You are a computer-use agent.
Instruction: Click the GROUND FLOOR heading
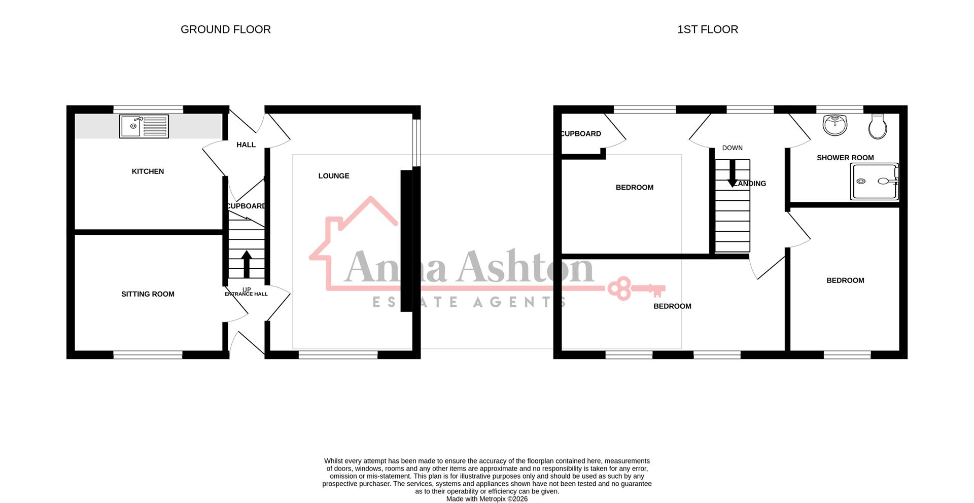coord(225,29)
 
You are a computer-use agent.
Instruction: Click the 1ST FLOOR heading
coord(707,29)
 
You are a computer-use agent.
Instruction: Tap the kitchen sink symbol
coord(144,126)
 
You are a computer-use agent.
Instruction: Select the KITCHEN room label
coord(148,171)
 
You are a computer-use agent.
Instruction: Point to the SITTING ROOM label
coord(148,294)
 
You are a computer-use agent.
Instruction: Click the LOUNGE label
coord(334,176)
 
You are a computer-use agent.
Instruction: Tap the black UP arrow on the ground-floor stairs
coord(247,263)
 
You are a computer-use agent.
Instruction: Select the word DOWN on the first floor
coord(732,148)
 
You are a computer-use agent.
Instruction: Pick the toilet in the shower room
coord(877,126)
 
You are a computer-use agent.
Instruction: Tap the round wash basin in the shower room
coord(835,125)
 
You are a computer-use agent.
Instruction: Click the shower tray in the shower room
coord(875,181)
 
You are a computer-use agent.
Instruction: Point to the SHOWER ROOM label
coord(845,158)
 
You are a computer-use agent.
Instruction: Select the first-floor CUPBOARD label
coord(581,134)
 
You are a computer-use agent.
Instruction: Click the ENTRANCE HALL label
coord(246,294)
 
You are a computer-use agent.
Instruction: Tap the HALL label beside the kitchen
coord(246,145)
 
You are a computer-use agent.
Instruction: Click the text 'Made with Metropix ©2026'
coord(486,499)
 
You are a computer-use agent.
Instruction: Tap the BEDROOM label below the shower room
coord(845,280)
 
